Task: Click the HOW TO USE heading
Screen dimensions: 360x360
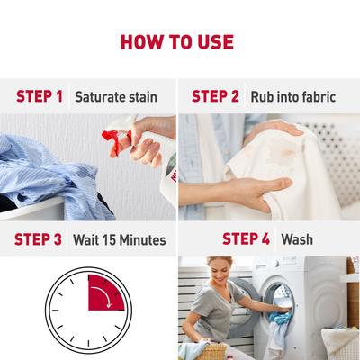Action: [180, 42]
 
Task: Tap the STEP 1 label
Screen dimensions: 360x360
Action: [39, 95]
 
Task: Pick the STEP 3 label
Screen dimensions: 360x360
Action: [39, 240]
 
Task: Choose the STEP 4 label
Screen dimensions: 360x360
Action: [246, 240]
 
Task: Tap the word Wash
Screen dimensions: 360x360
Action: [297, 240]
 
